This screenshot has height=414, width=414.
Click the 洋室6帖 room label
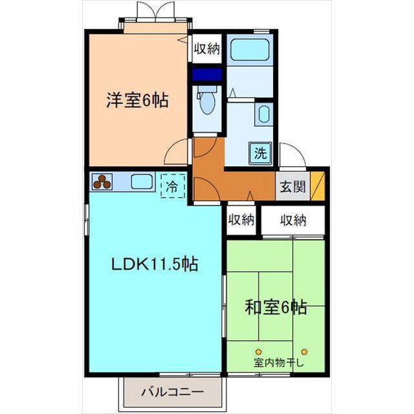[x=137, y=100]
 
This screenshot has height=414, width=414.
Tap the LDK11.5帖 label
[x=155, y=264]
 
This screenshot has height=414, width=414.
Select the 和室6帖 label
[x=276, y=307]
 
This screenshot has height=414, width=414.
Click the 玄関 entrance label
[x=293, y=187]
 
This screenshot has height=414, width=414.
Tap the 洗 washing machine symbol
[x=261, y=153]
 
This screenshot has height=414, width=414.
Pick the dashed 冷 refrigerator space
[x=173, y=186]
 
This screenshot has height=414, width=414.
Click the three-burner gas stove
[x=102, y=182]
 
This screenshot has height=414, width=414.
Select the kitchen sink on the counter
[x=142, y=182]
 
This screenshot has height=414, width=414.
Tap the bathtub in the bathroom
[x=250, y=50]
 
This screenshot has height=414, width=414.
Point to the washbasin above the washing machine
[x=264, y=114]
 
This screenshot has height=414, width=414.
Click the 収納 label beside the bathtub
[x=207, y=49]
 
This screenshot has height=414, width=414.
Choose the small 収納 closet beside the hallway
[x=241, y=220]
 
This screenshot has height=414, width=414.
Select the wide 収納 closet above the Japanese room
[x=293, y=220]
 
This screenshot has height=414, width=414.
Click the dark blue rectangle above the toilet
[x=207, y=74]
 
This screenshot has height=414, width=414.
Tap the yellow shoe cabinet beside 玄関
[x=318, y=186]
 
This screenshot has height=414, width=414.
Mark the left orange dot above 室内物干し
[x=259, y=352]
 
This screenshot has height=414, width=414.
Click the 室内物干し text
[x=279, y=363]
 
